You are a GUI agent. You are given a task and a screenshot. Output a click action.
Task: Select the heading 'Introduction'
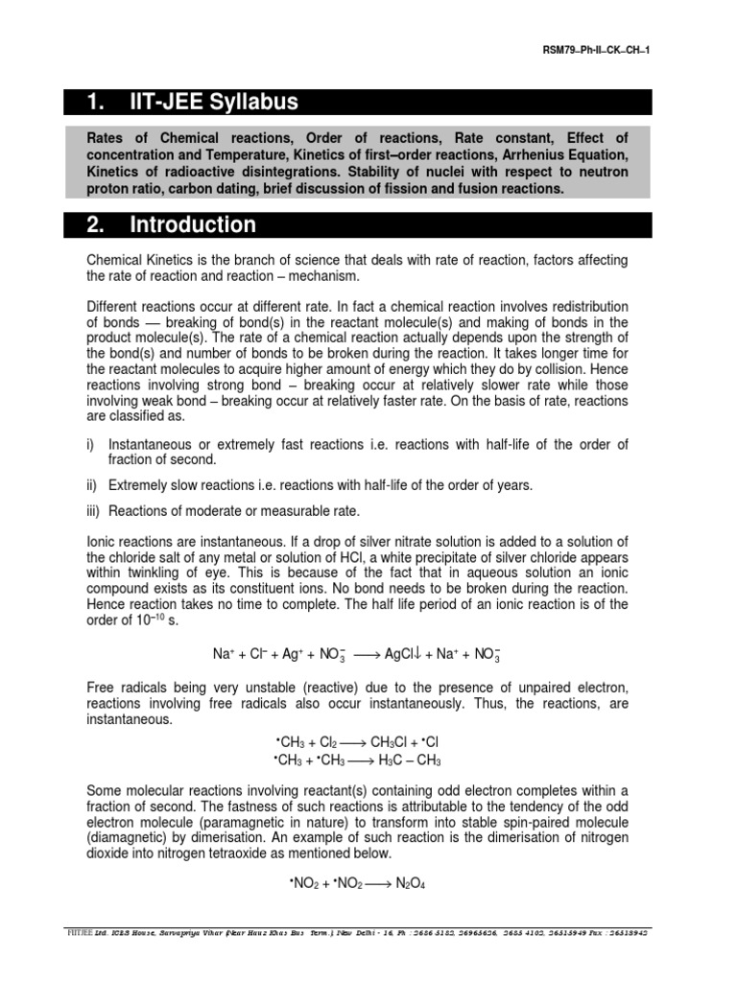pos(193,225)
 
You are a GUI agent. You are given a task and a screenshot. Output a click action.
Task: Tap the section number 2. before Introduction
pos(95,225)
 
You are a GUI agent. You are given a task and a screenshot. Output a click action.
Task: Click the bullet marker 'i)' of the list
pos(92,444)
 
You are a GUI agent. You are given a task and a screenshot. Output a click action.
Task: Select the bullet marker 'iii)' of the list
pos(95,510)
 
